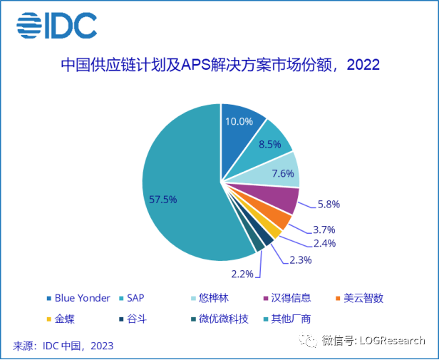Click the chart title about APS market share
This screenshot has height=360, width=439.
pos(219,66)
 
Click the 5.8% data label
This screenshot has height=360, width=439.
pos(328,205)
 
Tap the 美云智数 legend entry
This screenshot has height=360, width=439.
pos(363,298)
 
